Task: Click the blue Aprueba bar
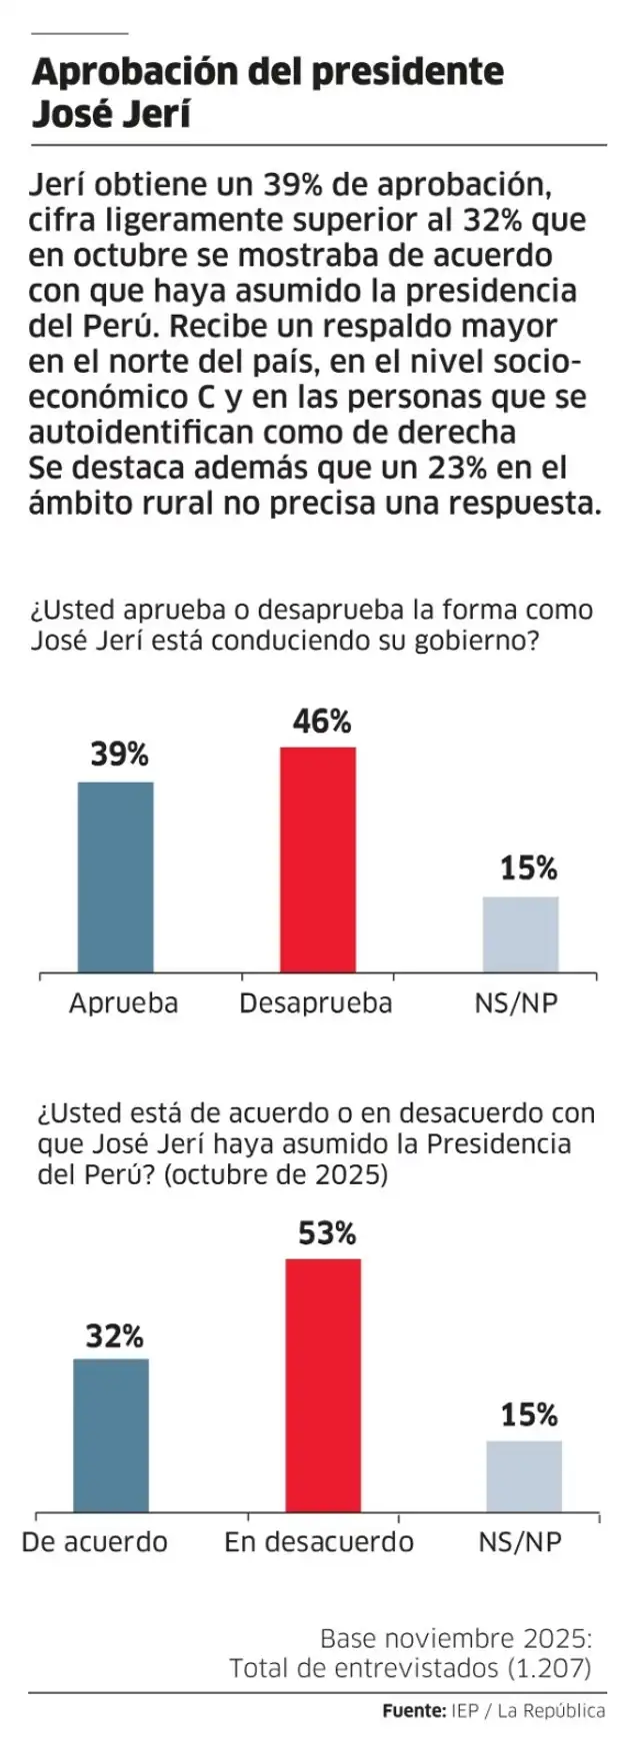[116, 877]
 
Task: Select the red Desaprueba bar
[318, 860]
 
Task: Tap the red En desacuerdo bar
[323, 1385]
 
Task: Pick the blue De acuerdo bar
[111, 1435]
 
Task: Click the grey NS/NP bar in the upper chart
[521, 934]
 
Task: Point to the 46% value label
[322, 722]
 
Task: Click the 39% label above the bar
[120, 756]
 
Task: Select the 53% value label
[327, 1234]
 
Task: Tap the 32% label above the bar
[114, 1336]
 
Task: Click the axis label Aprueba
[123, 1003]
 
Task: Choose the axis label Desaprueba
[316, 1003]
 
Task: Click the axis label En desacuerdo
[319, 1542]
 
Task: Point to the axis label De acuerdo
[95, 1542]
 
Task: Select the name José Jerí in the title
[111, 114]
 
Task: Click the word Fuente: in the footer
[414, 1711]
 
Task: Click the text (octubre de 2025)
[275, 1173]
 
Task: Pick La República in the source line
[551, 1711]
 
